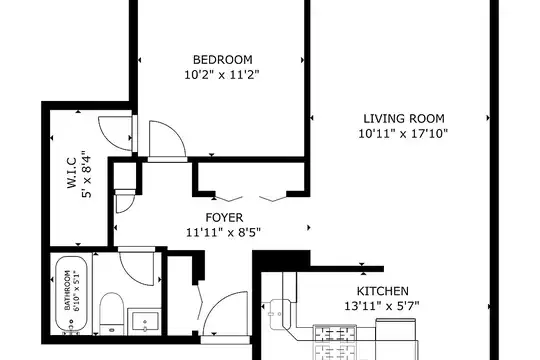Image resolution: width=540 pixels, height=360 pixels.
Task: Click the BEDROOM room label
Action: (222, 60)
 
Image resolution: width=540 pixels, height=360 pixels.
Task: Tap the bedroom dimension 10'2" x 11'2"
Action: (221, 74)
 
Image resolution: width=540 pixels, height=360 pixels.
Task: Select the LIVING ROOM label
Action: (404, 119)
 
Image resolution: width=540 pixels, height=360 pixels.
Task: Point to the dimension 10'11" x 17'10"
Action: (403, 133)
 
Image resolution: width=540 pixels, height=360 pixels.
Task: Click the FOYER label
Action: (224, 217)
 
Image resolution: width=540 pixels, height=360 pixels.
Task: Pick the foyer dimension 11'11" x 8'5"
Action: (223, 233)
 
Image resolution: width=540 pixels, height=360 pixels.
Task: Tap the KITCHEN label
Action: (383, 291)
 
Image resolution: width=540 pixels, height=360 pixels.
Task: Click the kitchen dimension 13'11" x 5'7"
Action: (382, 306)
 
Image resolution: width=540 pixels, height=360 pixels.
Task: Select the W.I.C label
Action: (72, 173)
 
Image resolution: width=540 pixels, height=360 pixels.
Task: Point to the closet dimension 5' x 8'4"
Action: (86, 174)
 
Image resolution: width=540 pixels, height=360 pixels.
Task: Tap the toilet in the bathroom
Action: (112, 313)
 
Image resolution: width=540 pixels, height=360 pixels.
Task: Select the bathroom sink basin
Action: (145, 321)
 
